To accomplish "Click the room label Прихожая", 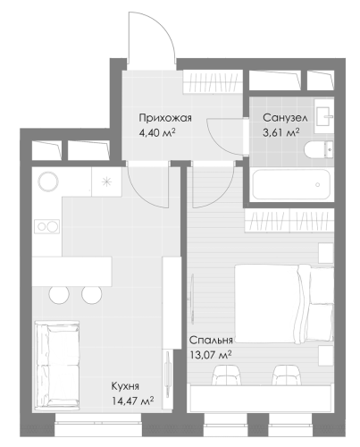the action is click(x=165, y=118).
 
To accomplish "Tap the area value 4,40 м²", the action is click(x=156, y=132).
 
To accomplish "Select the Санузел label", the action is click(x=285, y=118).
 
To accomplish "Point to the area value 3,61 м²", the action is click(x=280, y=132).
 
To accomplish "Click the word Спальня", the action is click(x=211, y=341).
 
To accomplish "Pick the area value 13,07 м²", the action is click(x=211, y=355).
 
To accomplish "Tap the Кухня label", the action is click(x=125, y=386).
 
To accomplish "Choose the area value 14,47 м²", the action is click(x=132, y=401).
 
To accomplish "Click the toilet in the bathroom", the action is click(x=318, y=149).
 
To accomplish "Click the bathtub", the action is click(x=291, y=184).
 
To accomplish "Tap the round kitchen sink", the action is click(x=47, y=181).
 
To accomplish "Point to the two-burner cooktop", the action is click(x=47, y=226).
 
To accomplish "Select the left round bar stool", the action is click(x=59, y=293).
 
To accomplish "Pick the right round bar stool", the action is click(x=92, y=293).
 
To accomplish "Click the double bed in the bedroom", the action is click(x=284, y=304).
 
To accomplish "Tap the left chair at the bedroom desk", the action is click(x=226, y=375).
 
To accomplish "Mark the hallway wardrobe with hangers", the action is click(x=212, y=81).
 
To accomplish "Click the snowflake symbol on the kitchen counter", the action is click(x=106, y=181).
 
